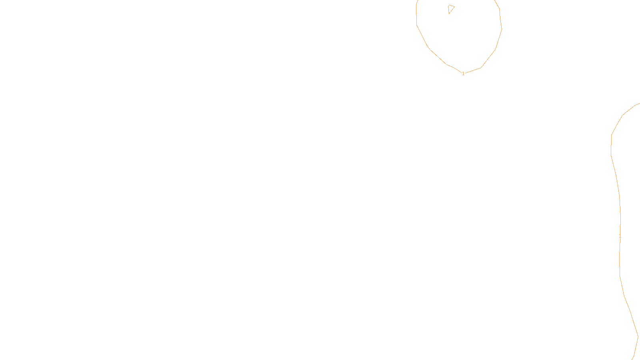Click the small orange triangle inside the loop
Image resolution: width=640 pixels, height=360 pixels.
(451, 8)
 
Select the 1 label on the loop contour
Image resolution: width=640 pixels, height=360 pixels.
(463, 74)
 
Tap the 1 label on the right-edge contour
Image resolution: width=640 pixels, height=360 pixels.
(620, 236)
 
